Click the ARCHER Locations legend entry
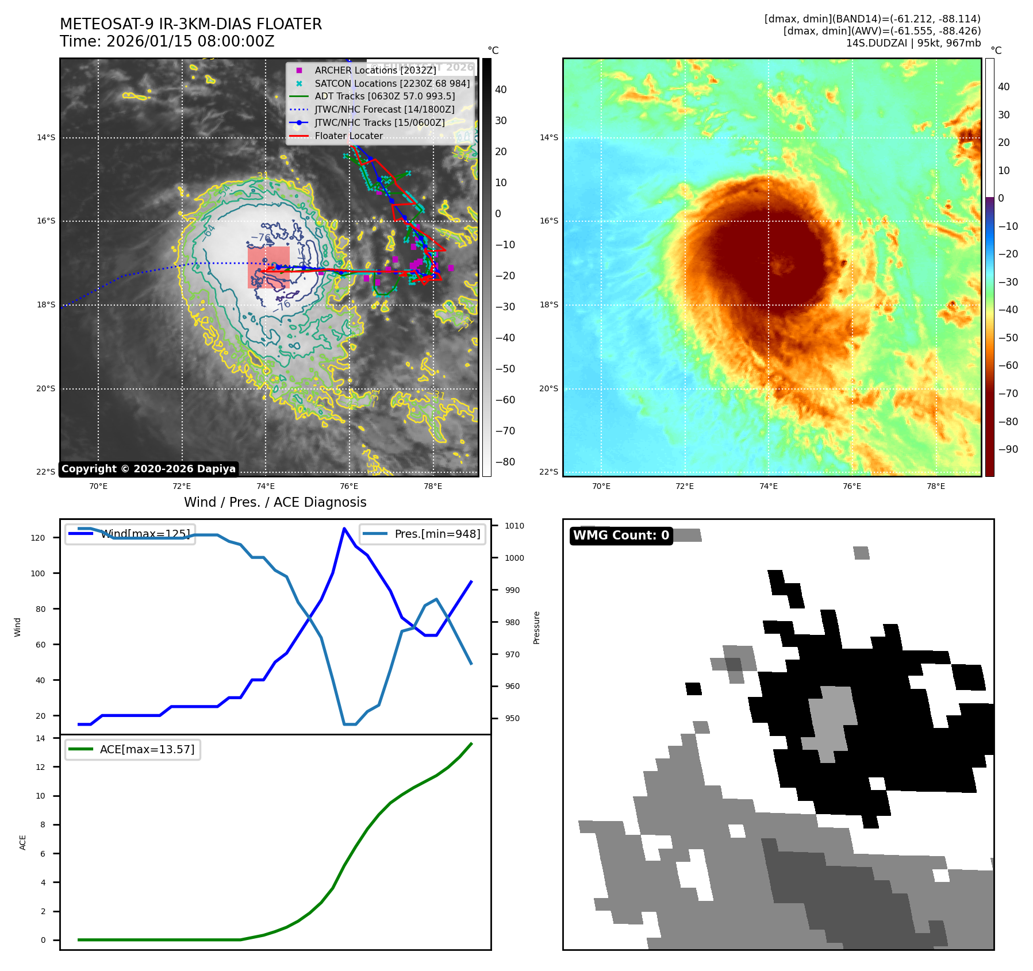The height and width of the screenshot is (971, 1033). tap(375, 70)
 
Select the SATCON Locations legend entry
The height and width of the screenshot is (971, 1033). tap(391, 83)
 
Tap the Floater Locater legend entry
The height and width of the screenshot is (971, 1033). tap(348, 136)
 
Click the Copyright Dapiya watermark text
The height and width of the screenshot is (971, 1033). tap(148, 469)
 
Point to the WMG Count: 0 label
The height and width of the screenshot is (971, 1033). tap(621, 535)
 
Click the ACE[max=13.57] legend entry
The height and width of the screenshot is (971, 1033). tap(147, 749)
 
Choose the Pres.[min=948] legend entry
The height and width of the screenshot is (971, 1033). tap(437, 534)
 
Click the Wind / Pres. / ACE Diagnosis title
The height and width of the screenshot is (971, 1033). tap(275, 502)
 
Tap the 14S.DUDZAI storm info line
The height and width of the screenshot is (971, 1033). tap(913, 43)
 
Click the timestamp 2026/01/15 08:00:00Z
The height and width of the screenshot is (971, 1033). tap(190, 42)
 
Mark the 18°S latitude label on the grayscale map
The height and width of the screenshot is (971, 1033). tap(46, 305)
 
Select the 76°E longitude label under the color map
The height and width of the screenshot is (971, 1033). tap(852, 486)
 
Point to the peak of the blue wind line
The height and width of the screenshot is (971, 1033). tap(344, 529)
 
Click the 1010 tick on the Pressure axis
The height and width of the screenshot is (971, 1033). tap(514, 526)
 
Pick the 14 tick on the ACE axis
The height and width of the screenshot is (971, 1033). tap(40, 738)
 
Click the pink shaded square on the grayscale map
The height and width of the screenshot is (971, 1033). tap(268, 268)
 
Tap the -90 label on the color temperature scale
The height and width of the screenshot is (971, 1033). tap(1008, 449)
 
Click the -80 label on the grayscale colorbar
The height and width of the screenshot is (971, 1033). tap(505, 462)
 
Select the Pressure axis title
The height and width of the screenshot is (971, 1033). tap(536, 627)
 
